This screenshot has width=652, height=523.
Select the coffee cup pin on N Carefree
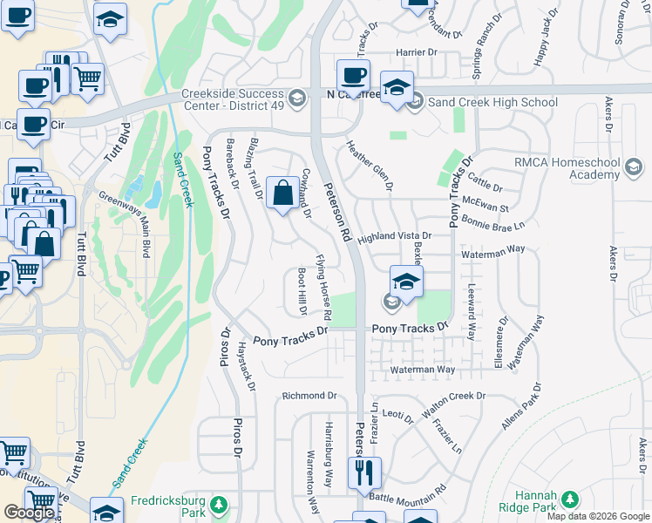point(353,75)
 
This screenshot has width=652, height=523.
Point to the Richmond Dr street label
point(309,396)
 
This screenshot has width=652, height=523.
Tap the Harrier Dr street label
point(417,52)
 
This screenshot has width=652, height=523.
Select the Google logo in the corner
point(29,513)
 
